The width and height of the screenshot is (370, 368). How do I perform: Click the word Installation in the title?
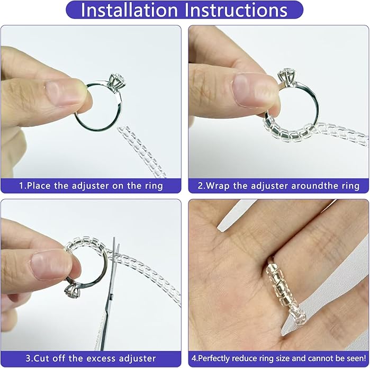point(129,10)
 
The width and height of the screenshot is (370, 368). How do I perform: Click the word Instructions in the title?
point(236,10)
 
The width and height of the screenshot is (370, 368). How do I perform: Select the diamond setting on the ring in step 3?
point(72,291)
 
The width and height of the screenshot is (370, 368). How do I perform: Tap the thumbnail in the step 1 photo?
point(62,93)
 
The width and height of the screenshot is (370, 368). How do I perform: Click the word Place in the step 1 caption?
point(39,186)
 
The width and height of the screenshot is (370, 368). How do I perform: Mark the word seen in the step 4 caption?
point(355,358)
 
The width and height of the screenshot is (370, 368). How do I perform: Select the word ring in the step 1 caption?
point(154,186)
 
